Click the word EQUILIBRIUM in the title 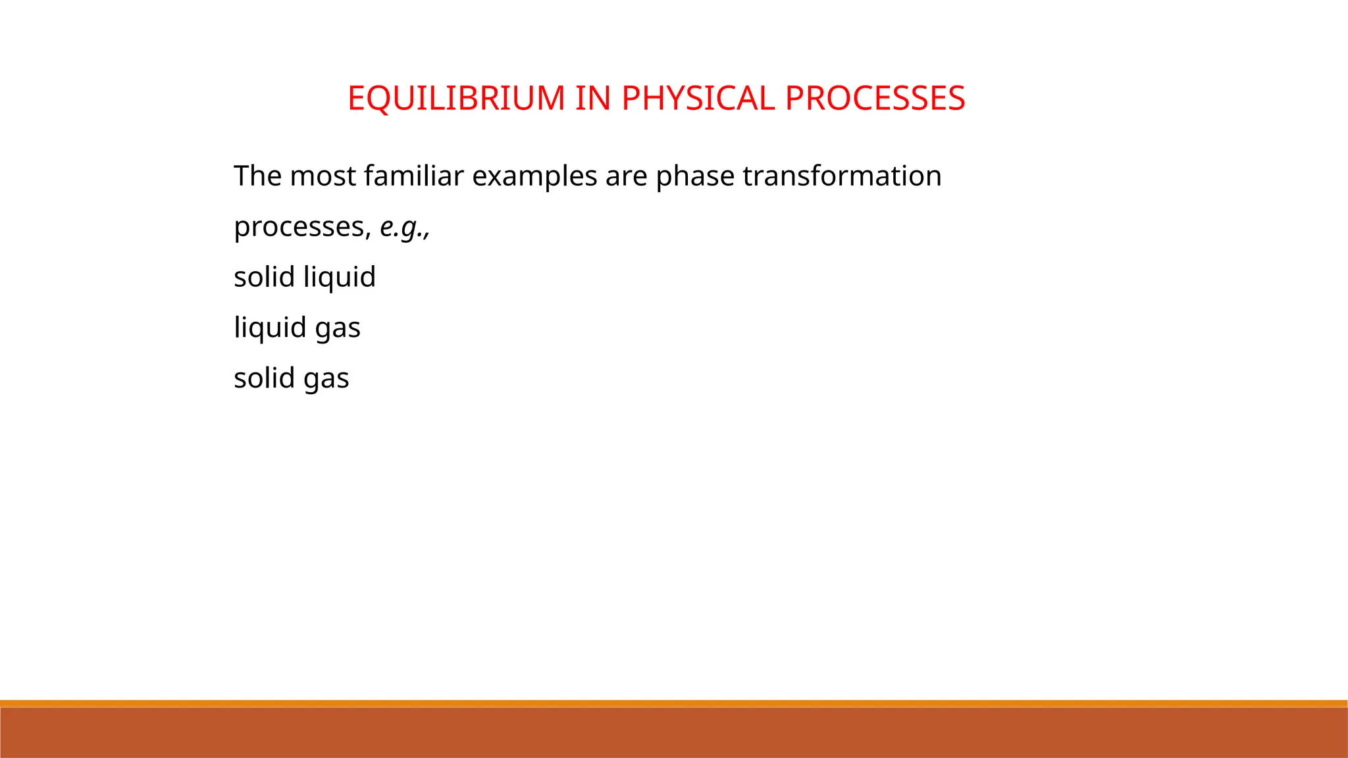456,99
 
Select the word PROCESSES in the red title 875,99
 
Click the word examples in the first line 534,176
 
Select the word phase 694,176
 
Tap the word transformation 842,176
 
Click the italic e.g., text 405,228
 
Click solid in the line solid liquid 264,277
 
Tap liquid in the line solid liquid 340,277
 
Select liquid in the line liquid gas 270,328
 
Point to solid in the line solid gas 264,378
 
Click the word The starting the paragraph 257,176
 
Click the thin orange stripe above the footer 674,703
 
